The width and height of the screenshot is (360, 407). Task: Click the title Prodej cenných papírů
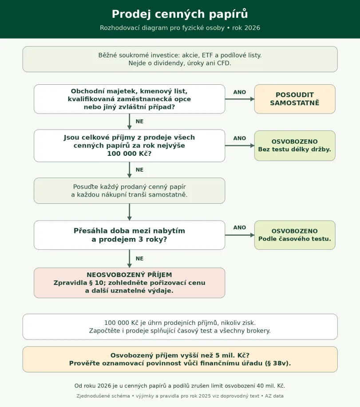(180, 14)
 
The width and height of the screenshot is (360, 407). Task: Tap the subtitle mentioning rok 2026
(180, 28)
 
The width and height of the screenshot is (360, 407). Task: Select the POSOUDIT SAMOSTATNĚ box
(295, 99)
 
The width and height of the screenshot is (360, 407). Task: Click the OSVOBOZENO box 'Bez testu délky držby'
(295, 146)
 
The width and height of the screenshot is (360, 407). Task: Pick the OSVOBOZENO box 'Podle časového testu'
(295, 235)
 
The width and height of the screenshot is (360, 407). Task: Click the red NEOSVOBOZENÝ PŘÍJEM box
(129, 283)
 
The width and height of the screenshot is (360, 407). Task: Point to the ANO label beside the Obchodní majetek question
(240, 92)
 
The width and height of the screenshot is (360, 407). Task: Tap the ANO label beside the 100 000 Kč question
(240, 138)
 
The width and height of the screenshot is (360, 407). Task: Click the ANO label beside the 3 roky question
(240, 228)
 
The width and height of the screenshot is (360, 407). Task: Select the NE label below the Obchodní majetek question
(140, 122)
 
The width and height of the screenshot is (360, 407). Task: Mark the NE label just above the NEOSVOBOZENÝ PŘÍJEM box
(140, 258)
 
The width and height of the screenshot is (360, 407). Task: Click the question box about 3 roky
(129, 235)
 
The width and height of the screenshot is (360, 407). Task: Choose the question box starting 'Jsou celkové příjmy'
(129, 146)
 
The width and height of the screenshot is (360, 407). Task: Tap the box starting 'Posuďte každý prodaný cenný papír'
(129, 190)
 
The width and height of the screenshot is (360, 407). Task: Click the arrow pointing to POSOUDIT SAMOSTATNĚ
(240, 99)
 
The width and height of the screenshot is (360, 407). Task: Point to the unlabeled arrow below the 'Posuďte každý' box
(129, 212)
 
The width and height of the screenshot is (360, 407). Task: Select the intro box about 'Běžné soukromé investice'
(180, 59)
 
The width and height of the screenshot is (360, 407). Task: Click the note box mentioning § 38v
(180, 359)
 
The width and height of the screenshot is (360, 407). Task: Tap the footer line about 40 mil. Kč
(180, 386)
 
